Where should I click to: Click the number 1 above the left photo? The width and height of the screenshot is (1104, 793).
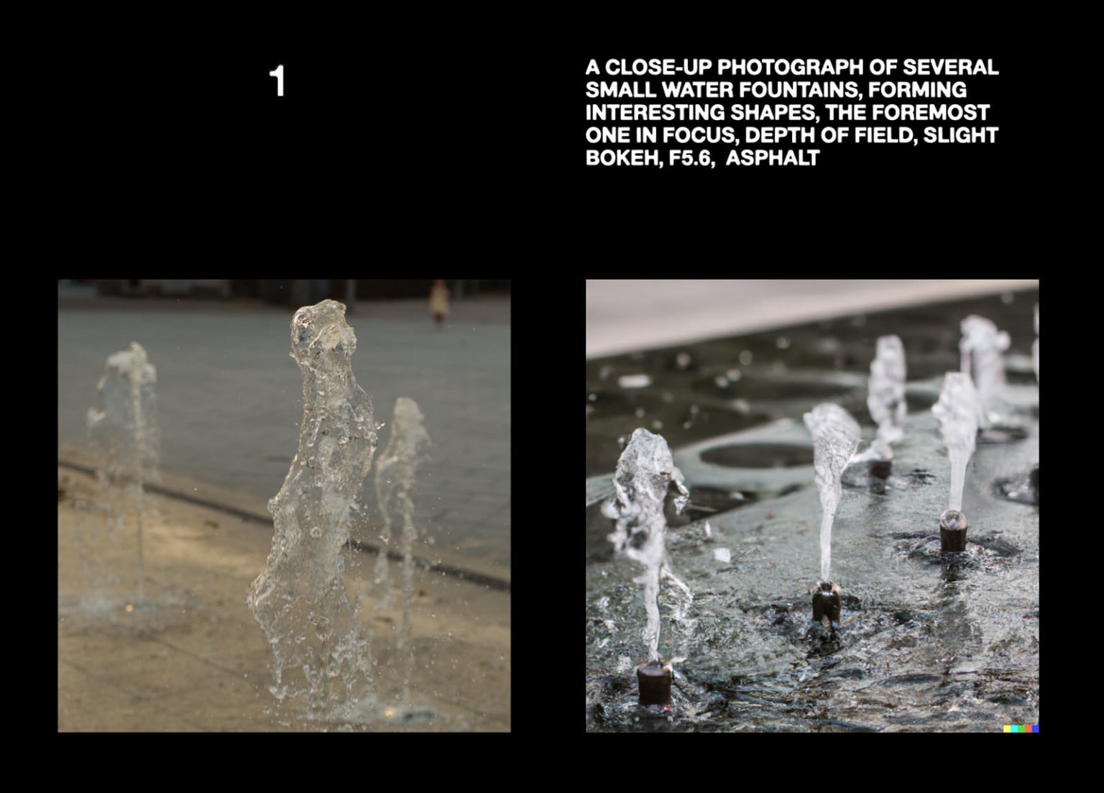point(277,81)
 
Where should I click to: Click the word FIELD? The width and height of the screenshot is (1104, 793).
point(881,135)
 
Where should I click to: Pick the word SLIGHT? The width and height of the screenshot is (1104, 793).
point(961,135)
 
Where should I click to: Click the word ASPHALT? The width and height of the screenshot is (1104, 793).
point(773,158)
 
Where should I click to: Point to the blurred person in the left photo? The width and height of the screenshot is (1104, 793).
point(439,303)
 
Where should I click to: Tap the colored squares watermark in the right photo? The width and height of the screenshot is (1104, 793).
point(1021,728)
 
